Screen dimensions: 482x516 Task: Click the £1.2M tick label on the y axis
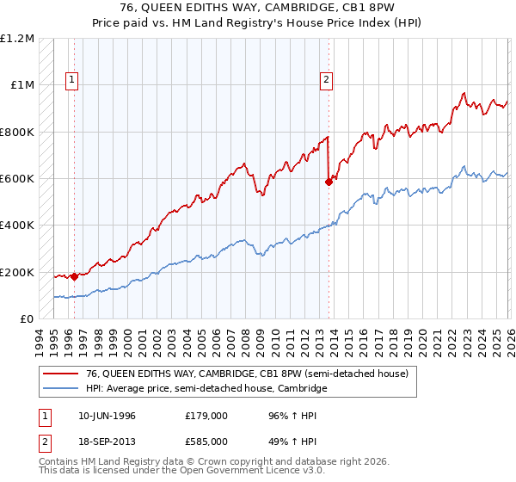pyautogui.click(x=17, y=39)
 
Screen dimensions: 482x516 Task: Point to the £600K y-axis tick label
pyautogui.click(x=17, y=179)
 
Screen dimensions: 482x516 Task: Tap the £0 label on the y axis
pyautogui.click(x=26, y=319)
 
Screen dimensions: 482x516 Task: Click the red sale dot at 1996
pyautogui.click(x=75, y=276)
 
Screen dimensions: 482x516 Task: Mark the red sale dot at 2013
pyautogui.click(x=329, y=182)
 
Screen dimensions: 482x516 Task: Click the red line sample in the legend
pyautogui.click(x=61, y=373)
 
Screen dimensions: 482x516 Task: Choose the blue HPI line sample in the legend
pyautogui.click(x=61, y=389)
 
